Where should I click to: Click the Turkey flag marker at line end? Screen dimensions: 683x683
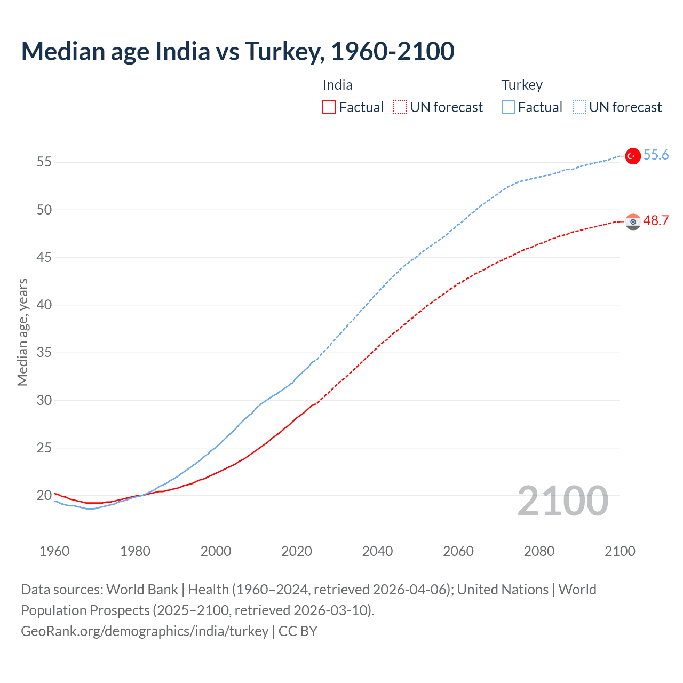(633, 156)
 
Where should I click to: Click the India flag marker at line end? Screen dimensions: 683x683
(633, 221)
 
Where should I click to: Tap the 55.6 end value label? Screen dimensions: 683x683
(656, 155)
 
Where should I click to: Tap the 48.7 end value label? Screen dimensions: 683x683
(656, 221)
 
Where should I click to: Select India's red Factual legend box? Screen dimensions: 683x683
(329, 107)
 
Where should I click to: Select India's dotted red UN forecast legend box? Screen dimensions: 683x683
(400, 107)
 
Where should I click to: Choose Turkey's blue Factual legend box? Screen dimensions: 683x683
(509, 107)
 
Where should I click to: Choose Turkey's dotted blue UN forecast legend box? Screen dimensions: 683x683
(579, 107)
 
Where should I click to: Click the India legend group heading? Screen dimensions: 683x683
(337, 85)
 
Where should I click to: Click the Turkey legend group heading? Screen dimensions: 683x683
(522, 85)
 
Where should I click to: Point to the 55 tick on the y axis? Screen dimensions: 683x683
(44, 162)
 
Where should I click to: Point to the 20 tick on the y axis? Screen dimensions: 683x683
(44, 496)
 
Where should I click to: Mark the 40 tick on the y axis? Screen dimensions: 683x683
(44, 305)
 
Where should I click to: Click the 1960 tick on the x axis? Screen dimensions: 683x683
(54, 551)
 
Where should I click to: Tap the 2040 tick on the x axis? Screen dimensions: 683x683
(377, 551)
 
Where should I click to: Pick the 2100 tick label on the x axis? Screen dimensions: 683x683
(620, 551)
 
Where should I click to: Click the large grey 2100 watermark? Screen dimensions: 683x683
(562, 501)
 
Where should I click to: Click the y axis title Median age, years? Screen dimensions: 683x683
(22, 332)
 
